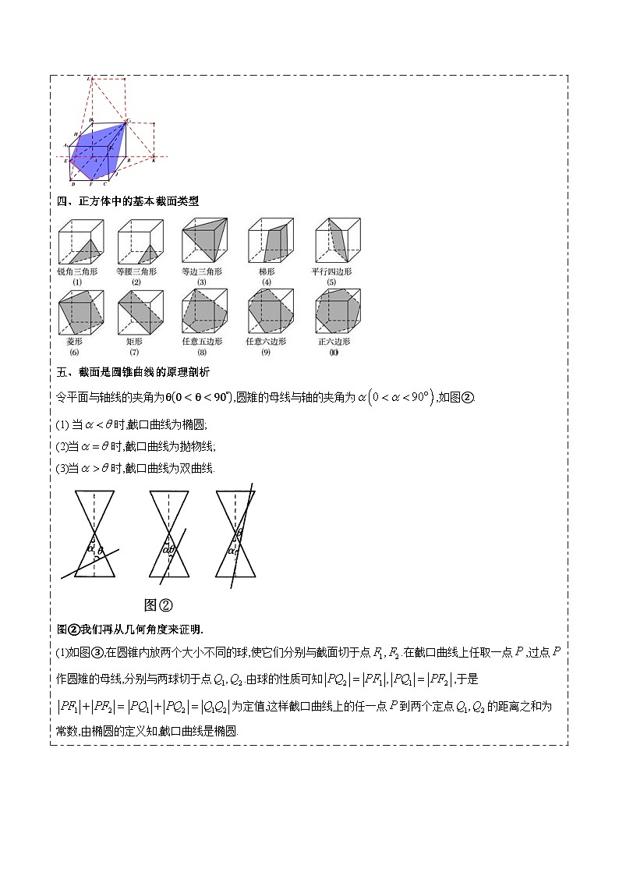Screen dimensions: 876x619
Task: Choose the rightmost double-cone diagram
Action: coord(236,534)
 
